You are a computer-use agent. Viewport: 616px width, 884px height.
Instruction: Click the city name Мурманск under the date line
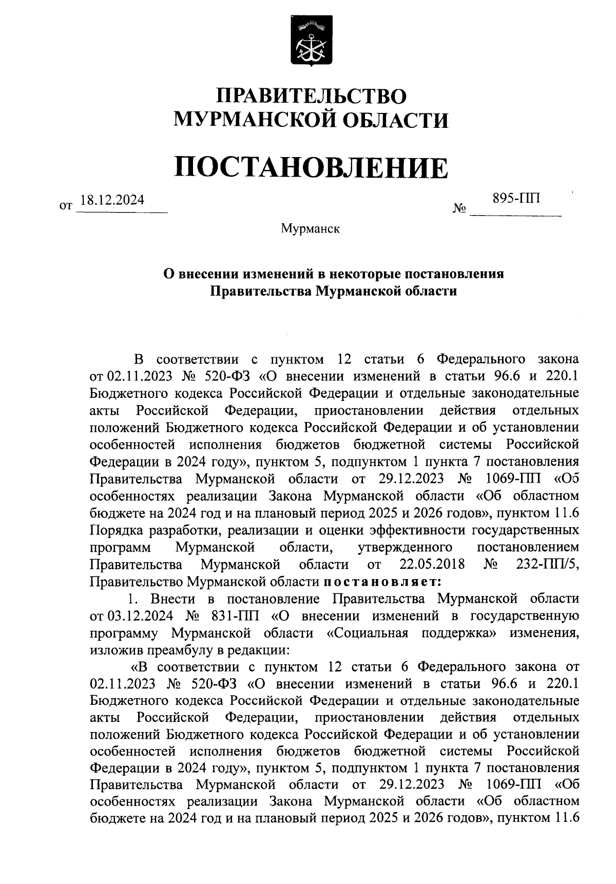(310, 228)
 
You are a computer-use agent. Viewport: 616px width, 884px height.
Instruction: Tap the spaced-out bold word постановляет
(381, 582)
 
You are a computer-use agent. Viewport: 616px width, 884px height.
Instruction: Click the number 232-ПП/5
(547, 565)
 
